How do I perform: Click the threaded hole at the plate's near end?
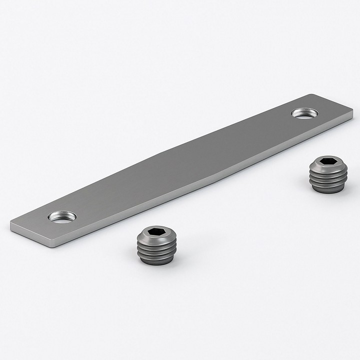coord(62,216)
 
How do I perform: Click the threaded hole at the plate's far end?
coord(305,113)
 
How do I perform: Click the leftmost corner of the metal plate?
coord(10,223)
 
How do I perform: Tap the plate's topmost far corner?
coord(312,94)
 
